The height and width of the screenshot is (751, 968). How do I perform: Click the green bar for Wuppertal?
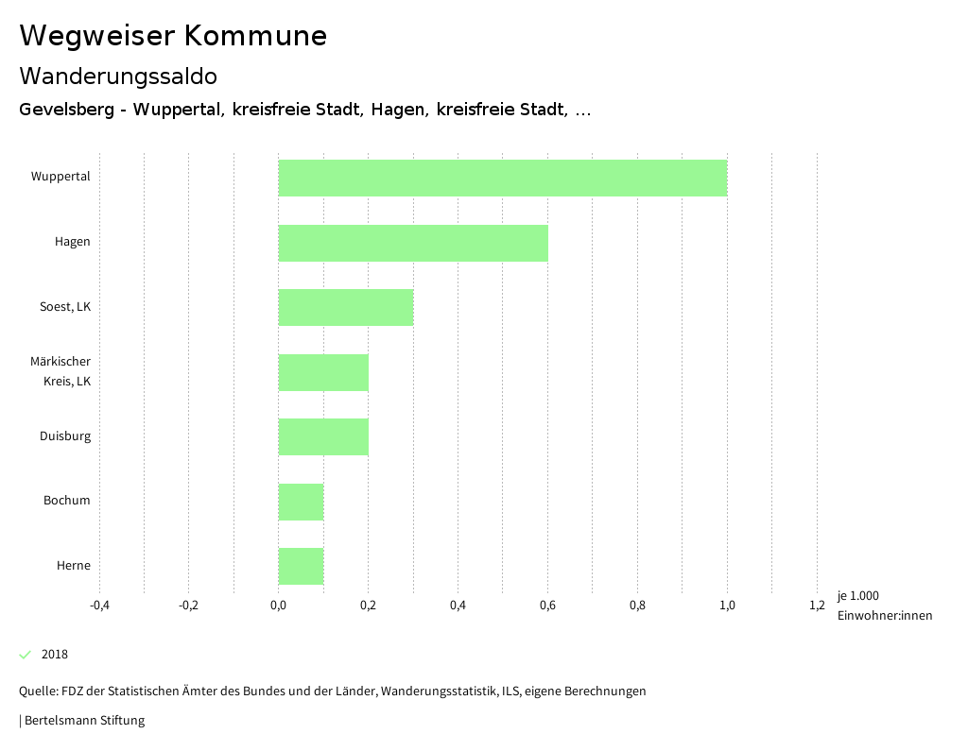(503, 178)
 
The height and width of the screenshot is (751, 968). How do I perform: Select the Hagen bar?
(413, 243)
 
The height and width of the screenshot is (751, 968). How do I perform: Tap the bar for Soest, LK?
(346, 307)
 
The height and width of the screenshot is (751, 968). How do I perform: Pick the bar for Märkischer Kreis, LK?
(323, 372)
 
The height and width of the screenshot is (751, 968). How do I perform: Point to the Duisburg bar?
(323, 436)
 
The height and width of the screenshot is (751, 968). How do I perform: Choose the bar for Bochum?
(301, 502)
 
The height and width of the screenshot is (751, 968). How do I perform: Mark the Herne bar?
(301, 566)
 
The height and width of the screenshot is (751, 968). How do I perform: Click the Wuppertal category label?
(60, 177)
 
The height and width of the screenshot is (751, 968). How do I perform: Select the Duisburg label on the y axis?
(65, 436)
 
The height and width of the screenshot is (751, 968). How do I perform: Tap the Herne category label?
(74, 566)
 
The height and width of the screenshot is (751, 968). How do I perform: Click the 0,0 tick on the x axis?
(278, 606)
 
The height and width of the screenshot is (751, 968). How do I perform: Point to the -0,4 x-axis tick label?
(99, 606)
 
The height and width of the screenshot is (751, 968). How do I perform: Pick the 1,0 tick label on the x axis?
(727, 606)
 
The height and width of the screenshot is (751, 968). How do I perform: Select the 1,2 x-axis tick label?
(817, 606)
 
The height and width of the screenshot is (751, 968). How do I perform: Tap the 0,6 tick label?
(547, 606)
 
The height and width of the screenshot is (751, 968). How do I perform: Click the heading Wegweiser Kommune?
(173, 36)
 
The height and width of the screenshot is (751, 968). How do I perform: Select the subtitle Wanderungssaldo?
(118, 76)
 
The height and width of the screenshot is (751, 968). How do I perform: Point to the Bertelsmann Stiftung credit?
(83, 721)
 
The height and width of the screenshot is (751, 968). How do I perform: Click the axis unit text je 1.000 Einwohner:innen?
(884, 606)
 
